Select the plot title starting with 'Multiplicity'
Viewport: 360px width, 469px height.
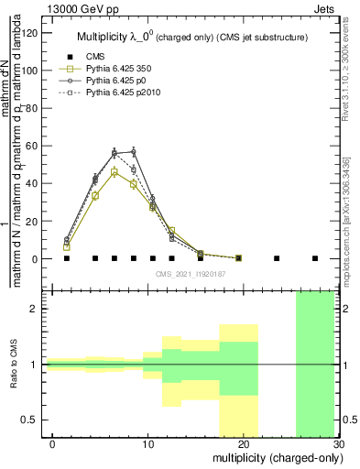pyautogui.click(x=191, y=38)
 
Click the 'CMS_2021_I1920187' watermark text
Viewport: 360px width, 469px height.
pyautogui.click(x=191, y=273)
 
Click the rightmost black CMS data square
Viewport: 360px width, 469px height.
pyautogui.click(x=314, y=258)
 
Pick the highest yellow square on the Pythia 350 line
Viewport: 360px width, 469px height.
pyautogui.click(x=115, y=172)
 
